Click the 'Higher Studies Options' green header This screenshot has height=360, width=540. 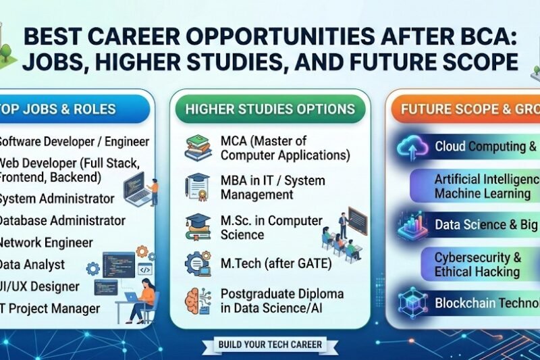tap(270, 109)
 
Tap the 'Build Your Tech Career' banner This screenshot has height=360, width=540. tap(270, 345)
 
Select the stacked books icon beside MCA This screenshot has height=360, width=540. tap(198, 148)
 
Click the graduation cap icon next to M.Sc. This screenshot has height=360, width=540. tap(198, 226)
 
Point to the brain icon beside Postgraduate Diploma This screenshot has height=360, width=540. tap(198, 299)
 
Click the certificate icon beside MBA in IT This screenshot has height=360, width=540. tap(198, 187)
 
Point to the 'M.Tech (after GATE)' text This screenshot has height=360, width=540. tap(276, 264)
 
